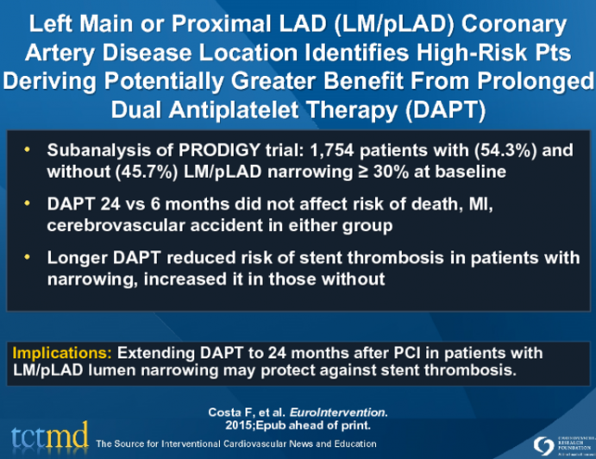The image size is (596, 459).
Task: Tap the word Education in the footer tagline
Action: pyautogui.click(x=349, y=443)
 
